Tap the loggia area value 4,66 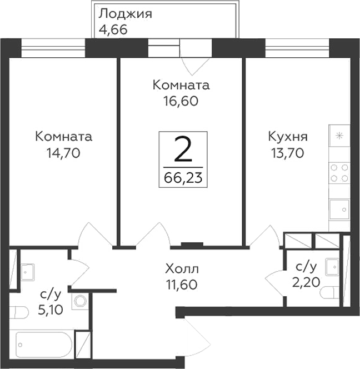tap(113, 29)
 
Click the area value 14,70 tap(63, 152)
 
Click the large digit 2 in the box tap(183, 149)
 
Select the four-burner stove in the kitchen tap(339, 172)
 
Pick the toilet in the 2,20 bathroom tap(330, 291)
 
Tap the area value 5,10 tap(51, 309)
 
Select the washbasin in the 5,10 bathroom tap(27, 271)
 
